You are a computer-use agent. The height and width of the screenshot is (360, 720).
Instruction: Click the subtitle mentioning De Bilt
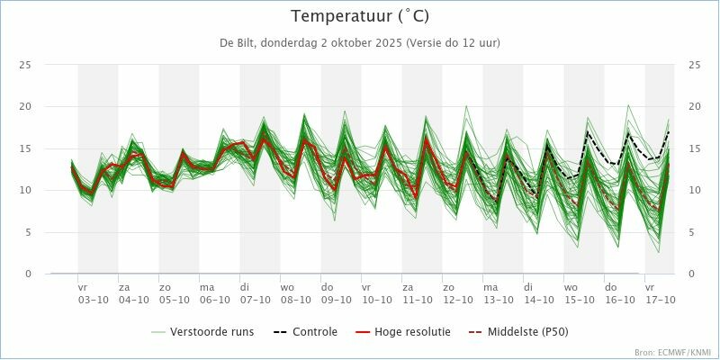pos(360,43)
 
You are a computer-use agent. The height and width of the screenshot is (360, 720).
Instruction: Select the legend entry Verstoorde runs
pos(213,332)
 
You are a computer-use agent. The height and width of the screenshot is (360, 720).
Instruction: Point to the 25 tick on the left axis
pos(26,65)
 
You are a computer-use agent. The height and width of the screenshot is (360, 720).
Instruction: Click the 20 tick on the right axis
pos(694,106)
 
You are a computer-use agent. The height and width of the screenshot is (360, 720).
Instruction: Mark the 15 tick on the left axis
pos(26,148)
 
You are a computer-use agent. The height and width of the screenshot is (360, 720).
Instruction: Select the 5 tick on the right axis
pos(691,232)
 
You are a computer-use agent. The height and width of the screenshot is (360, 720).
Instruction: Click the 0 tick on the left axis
pos(29,274)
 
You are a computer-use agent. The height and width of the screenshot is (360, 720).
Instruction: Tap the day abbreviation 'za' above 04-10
pos(124,288)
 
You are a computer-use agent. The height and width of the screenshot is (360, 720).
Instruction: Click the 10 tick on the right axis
pos(694,190)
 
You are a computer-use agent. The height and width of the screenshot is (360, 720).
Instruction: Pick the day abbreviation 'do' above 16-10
pos(610,288)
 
